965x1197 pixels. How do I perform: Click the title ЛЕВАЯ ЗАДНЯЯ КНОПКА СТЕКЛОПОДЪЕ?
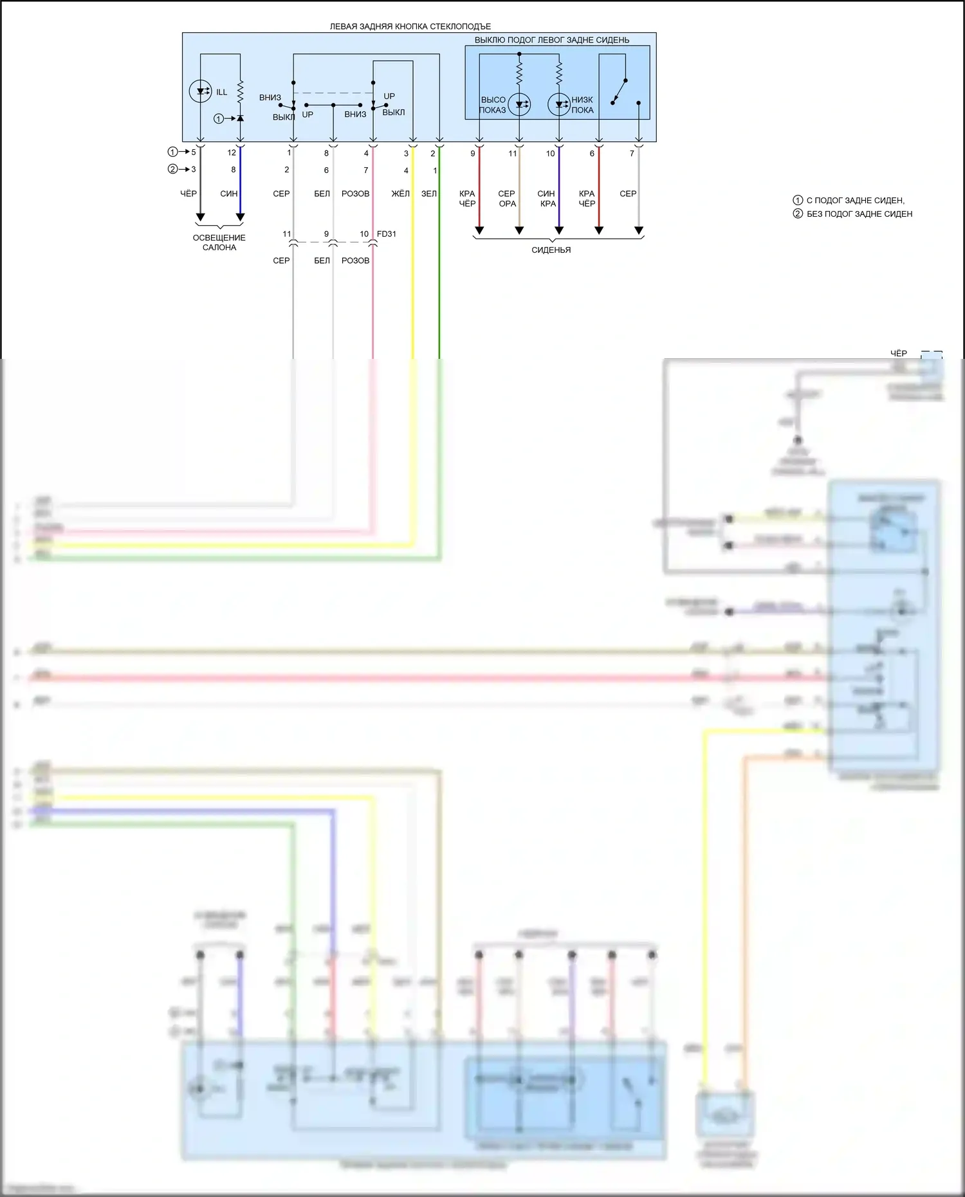click(x=410, y=26)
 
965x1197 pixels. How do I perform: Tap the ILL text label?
click(x=221, y=92)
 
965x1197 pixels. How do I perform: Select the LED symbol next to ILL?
click(x=201, y=91)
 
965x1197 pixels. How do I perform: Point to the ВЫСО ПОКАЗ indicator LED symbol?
click(x=519, y=104)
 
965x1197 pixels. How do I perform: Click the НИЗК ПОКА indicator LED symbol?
click(x=559, y=104)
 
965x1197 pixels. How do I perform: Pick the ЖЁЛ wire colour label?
click(x=400, y=194)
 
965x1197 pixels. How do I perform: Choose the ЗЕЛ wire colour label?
click(x=429, y=194)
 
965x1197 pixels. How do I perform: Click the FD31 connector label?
click(x=387, y=234)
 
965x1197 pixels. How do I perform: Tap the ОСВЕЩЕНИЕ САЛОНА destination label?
click(x=219, y=242)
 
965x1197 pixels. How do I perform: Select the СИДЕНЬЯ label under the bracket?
click(x=551, y=250)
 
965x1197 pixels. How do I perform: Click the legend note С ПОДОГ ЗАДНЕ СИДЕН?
click(x=855, y=201)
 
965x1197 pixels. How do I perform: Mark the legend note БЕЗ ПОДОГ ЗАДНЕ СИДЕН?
click(x=859, y=214)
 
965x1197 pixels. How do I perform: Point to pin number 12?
click(x=232, y=153)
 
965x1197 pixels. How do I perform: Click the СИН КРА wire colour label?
click(x=547, y=199)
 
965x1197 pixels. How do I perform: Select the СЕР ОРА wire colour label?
click(x=507, y=199)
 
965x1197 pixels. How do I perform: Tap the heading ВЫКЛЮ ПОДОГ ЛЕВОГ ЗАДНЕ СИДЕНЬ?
click(x=552, y=40)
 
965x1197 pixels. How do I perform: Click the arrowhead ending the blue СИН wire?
click(x=241, y=217)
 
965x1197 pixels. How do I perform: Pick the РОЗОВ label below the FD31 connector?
click(x=355, y=260)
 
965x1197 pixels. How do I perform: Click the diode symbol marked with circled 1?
click(x=240, y=118)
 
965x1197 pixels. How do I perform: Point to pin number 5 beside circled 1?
click(x=193, y=152)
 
